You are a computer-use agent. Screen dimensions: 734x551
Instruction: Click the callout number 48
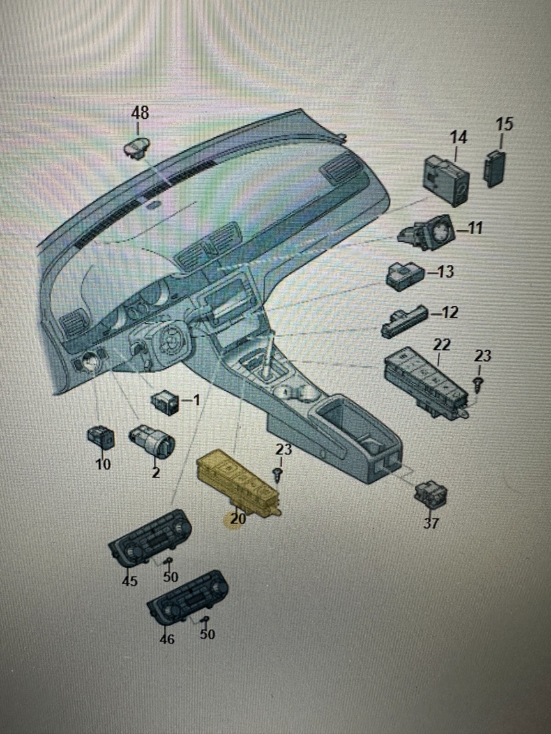click(x=141, y=113)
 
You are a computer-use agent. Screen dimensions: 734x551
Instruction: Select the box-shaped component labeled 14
click(x=445, y=178)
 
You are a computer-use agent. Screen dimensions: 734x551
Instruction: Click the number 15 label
click(x=505, y=124)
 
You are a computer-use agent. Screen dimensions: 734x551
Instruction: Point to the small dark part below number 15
click(x=496, y=168)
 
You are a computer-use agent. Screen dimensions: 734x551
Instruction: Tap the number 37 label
click(x=430, y=523)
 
